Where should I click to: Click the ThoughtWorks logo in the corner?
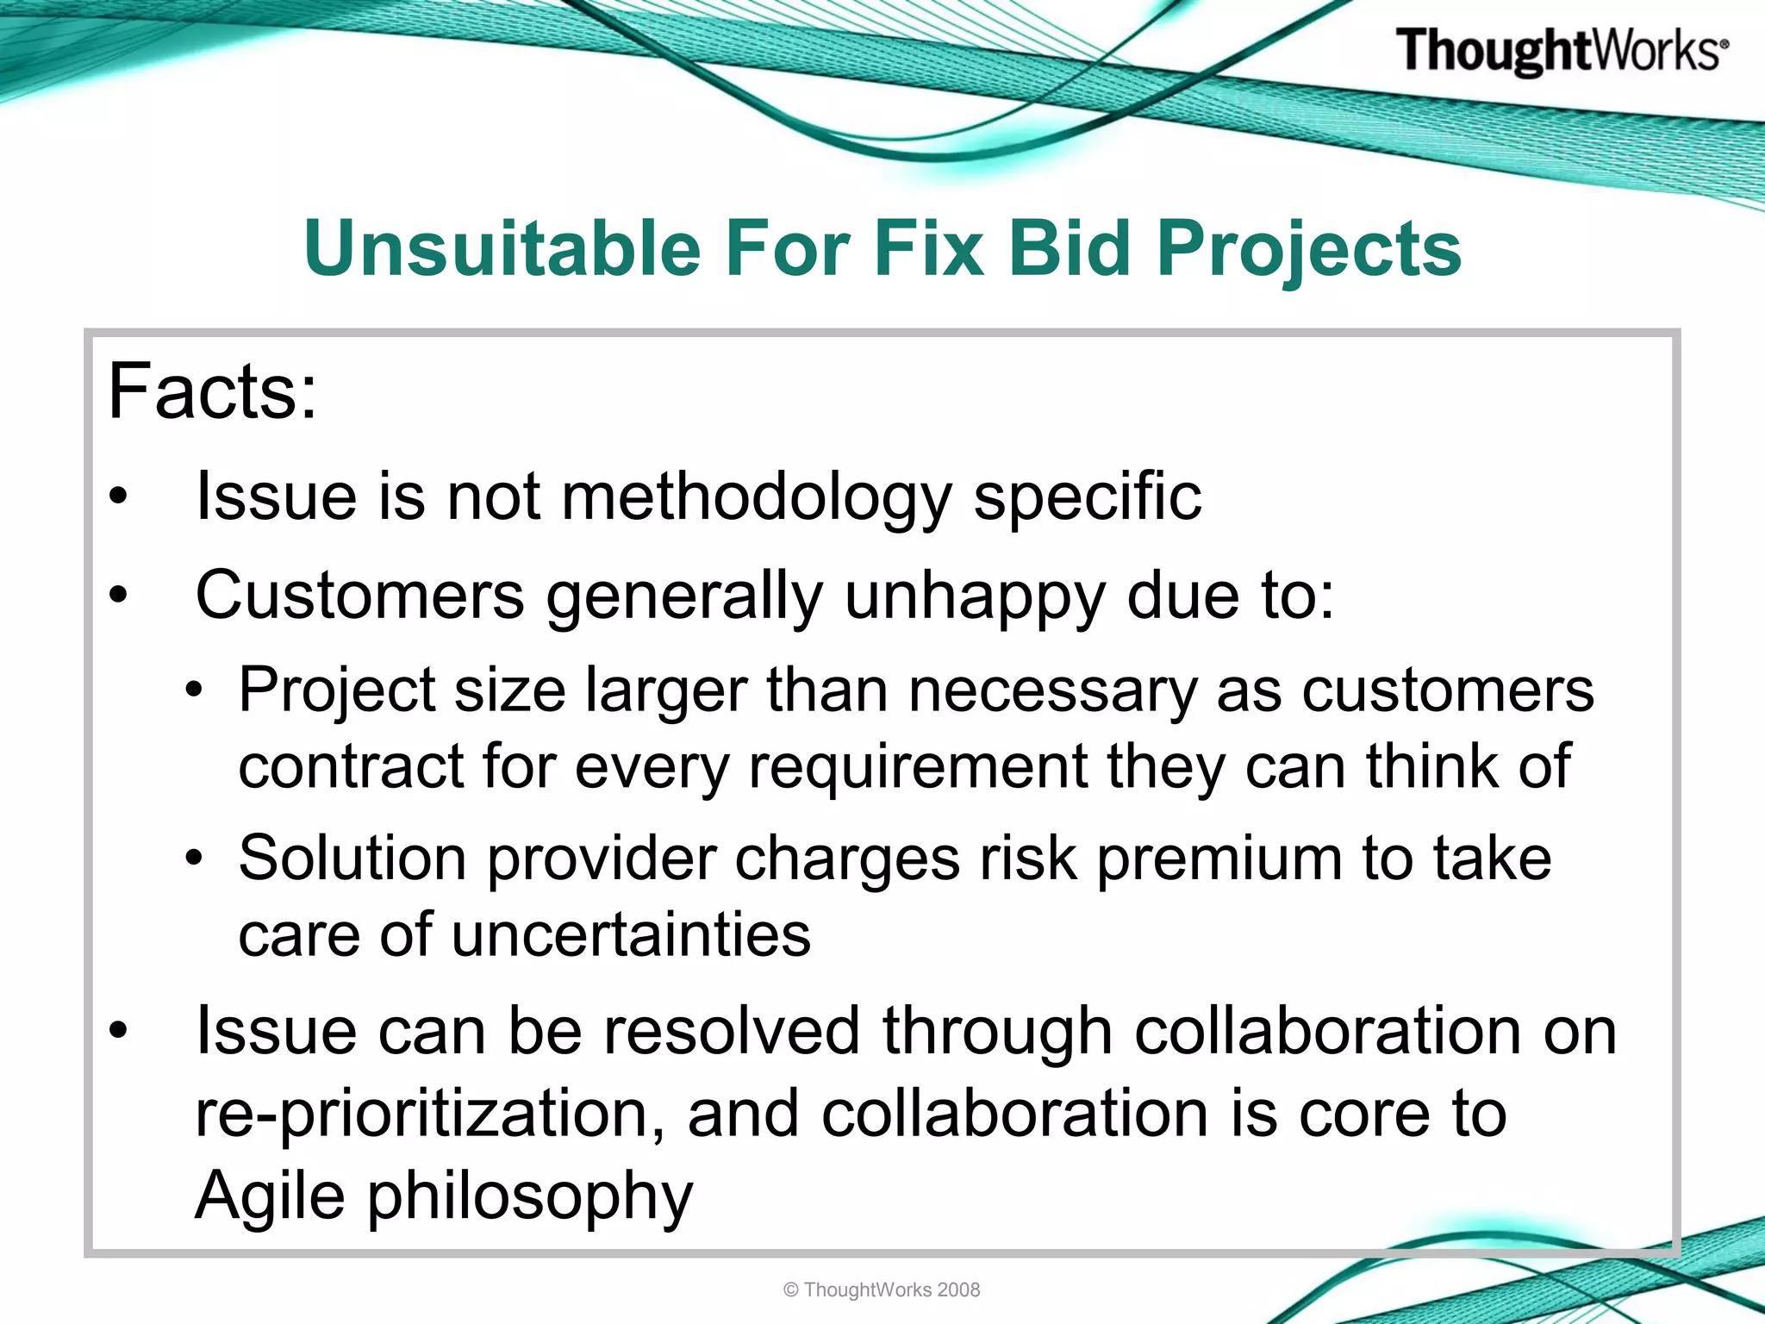click(x=1561, y=52)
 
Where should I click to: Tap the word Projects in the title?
click(x=1309, y=249)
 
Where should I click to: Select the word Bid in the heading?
click(x=1069, y=249)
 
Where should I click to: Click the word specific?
click(x=1087, y=498)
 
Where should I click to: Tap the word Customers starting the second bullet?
click(x=359, y=596)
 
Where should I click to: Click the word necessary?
click(x=1052, y=692)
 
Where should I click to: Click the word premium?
click(x=1219, y=859)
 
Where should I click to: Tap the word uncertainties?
click(x=630, y=935)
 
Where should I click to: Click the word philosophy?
click(x=530, y=1197)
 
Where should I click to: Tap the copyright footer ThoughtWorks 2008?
click(x=882, y=1290)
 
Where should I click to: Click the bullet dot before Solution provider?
click(x=195, y=859)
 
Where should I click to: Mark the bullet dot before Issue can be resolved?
click(x=118, y=1030)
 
